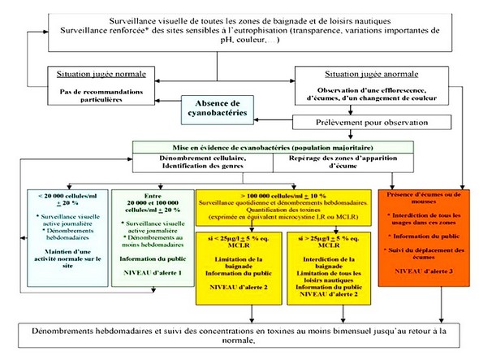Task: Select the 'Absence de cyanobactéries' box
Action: click(x=214, y=107)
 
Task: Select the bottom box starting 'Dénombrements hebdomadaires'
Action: click(x=241, y=336)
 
